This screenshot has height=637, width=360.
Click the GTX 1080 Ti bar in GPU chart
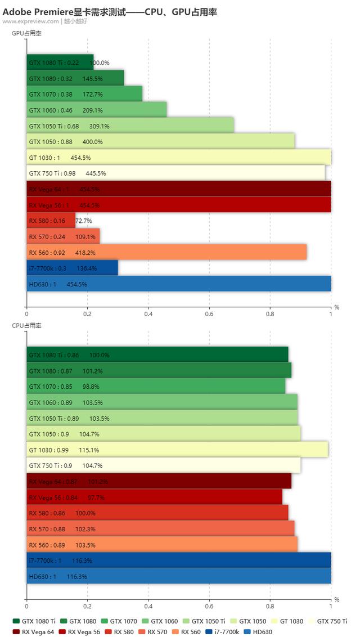(60, 62)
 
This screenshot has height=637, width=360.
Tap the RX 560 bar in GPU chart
(166, 253)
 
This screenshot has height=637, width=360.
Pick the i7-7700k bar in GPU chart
(72, 268)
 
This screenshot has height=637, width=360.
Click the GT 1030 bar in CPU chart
(177, 450)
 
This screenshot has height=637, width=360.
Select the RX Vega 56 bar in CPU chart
(154, 497)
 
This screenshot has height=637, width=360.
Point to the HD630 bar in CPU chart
(178, 576)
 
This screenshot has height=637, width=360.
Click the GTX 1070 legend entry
(119, 621)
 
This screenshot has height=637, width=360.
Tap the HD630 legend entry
(258, 632)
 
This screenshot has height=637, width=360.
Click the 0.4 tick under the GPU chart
(148, 314)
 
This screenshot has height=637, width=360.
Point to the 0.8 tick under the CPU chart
(270, 607)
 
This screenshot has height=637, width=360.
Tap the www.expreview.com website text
(30, 21)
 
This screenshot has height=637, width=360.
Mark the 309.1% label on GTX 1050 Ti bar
(99, 126)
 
